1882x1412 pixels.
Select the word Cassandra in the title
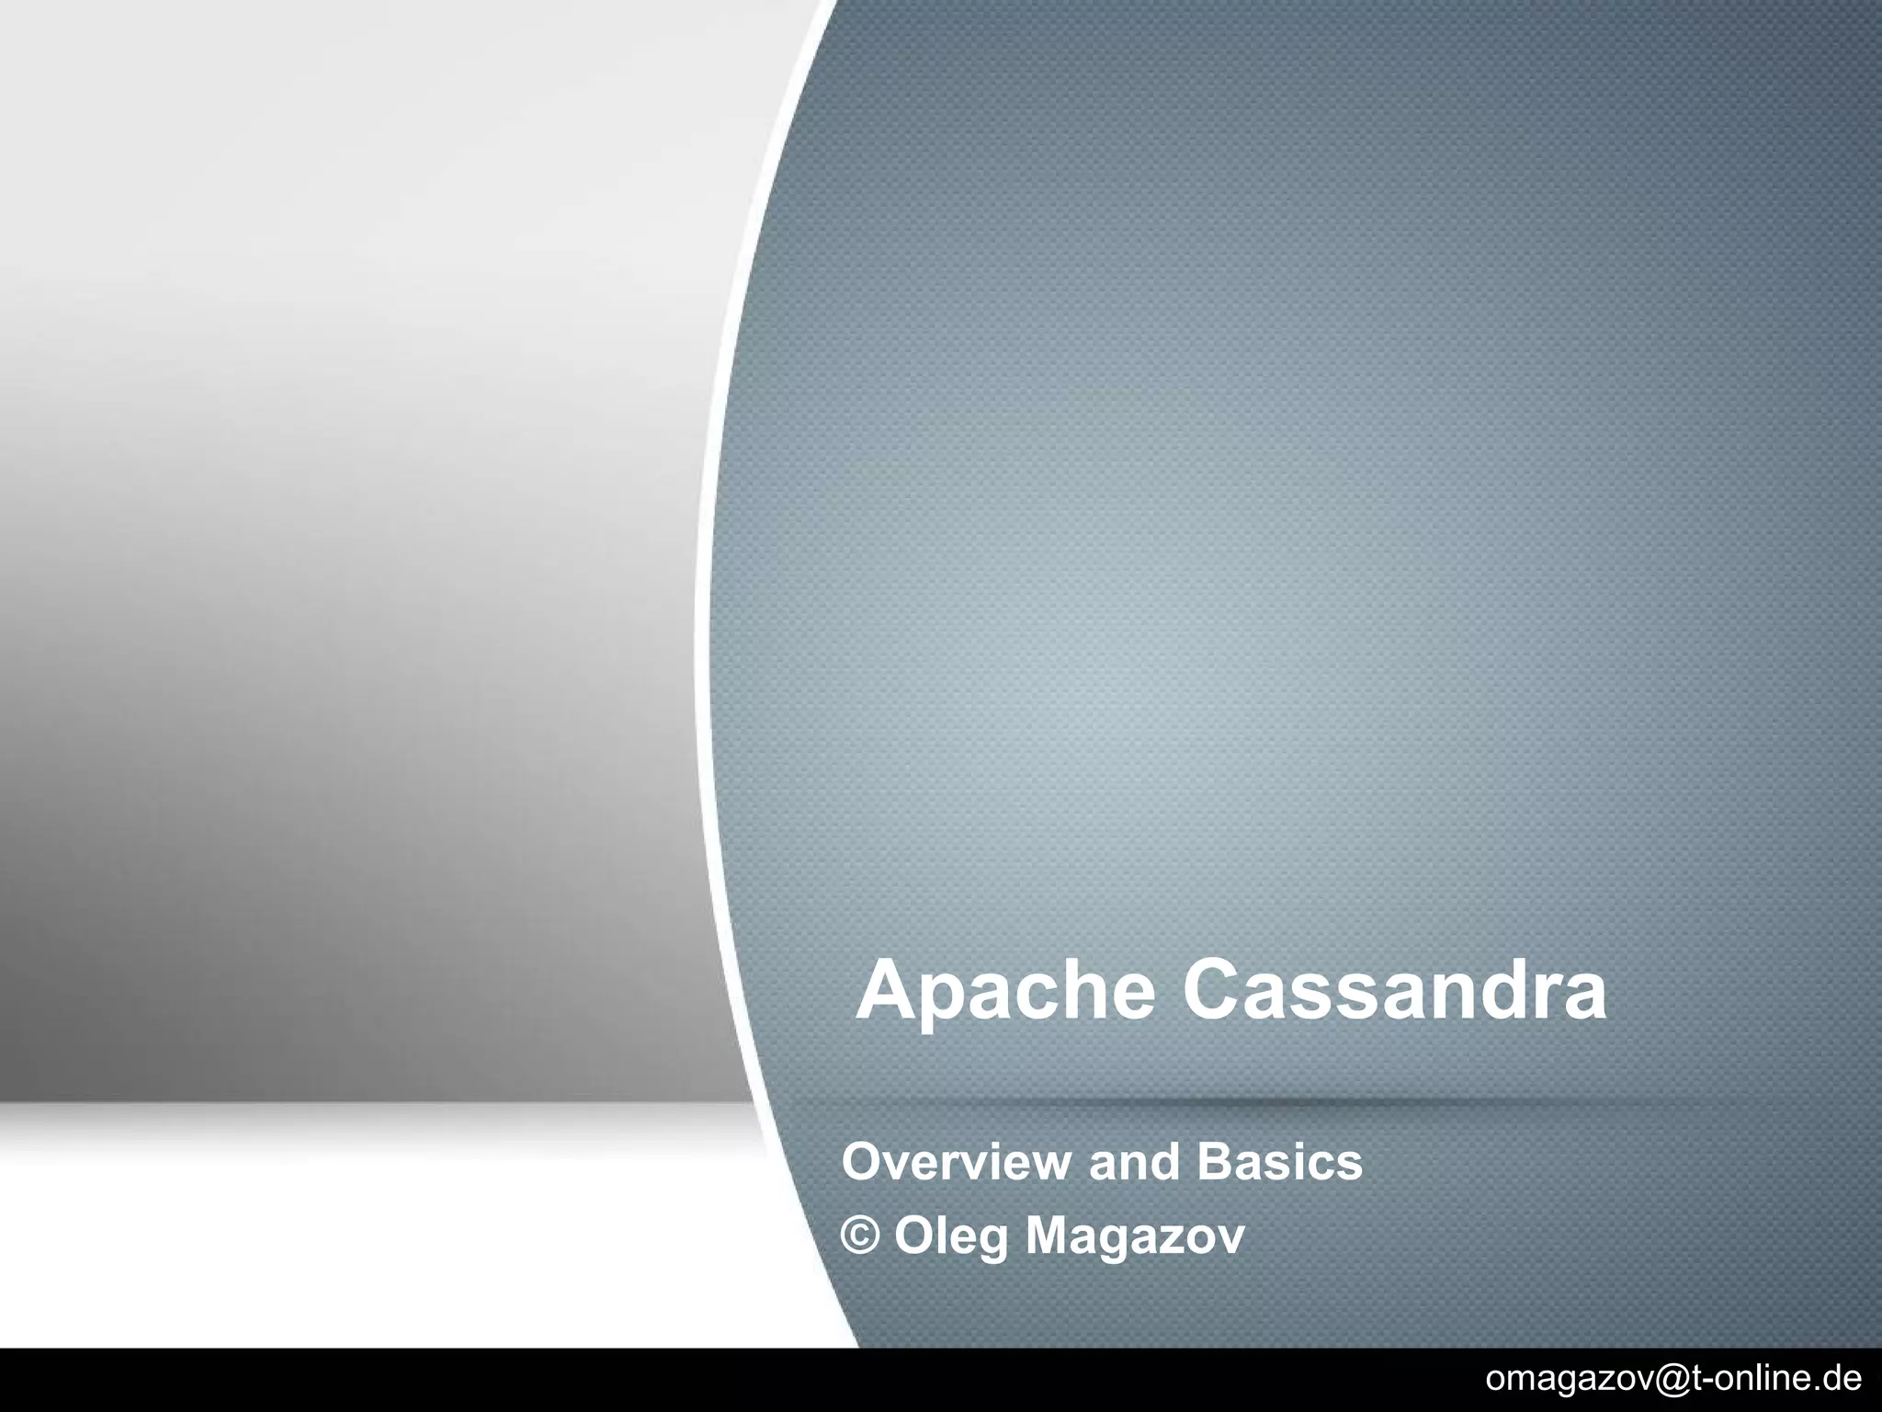(1394, 989)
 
